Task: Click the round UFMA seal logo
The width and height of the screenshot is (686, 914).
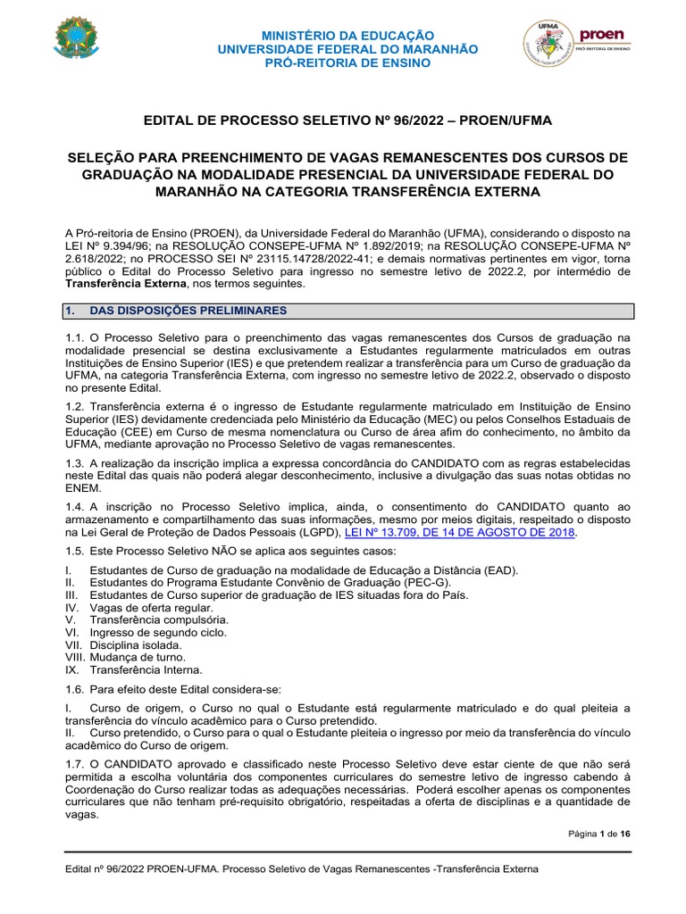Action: [547, 45]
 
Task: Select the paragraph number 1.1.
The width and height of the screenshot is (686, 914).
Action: [75, 337]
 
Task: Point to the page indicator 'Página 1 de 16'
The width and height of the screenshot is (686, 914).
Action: [599, 834]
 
